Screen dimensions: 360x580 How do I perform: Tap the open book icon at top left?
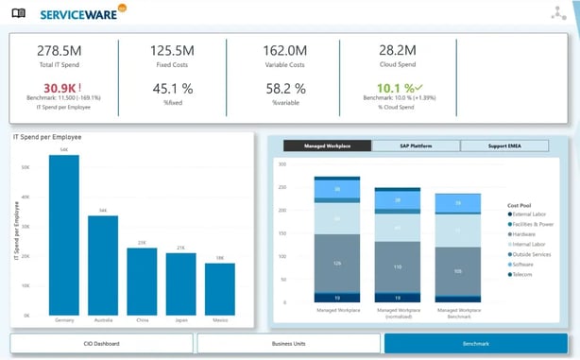coord(19,12)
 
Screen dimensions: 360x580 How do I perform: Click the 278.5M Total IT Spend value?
coord(60,52)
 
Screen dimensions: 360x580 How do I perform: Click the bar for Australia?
coord(103,266)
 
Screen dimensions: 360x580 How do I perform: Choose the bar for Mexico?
coord(219,289)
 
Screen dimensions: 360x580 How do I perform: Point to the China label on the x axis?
coord(142,320)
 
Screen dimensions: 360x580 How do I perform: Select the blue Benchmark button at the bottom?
coord(475,343)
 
